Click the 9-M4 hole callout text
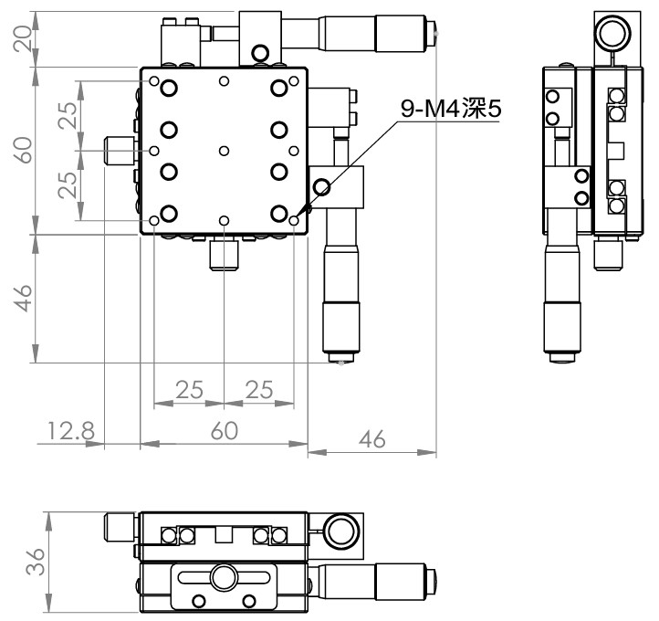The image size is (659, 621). pyautogui.click(x=451, y=109)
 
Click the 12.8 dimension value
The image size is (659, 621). pyautogui.click(x=71, y=430)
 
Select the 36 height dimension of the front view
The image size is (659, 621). pyautogui.click(x=36, y=562)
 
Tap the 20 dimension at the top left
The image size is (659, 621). pyautogui.click(x=23, y=38)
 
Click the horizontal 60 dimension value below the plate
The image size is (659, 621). pyautogui.click(x=224, y=430)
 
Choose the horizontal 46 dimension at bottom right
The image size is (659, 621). pyautogui.click(x=372, y=439)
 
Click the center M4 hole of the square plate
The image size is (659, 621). pyautogui.click(x=224, y=151)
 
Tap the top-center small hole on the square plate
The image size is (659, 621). pyautogui.click(x=224, y=80)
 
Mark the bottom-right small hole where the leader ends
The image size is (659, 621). pyautogui.click(x=294, y=220)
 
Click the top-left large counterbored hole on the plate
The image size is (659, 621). pyautogui.click(x=169, y=89)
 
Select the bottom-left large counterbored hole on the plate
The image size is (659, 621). pyautogui.click(x=169, y=213)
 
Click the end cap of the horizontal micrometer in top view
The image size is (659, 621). pyautogui.click(x=431, y=33)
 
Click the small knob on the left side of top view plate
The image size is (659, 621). pyautogui.click(x=120, y=151)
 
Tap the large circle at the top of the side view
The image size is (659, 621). pyautogui.click(x=614, y=33)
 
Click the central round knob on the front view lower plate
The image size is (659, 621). pyautogui.click(x=224, y=577)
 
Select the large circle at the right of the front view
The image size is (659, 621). pyautogui.click(x=340, y=531)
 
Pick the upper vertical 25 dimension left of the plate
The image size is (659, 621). pyautogui.click(x=68, y=115)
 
